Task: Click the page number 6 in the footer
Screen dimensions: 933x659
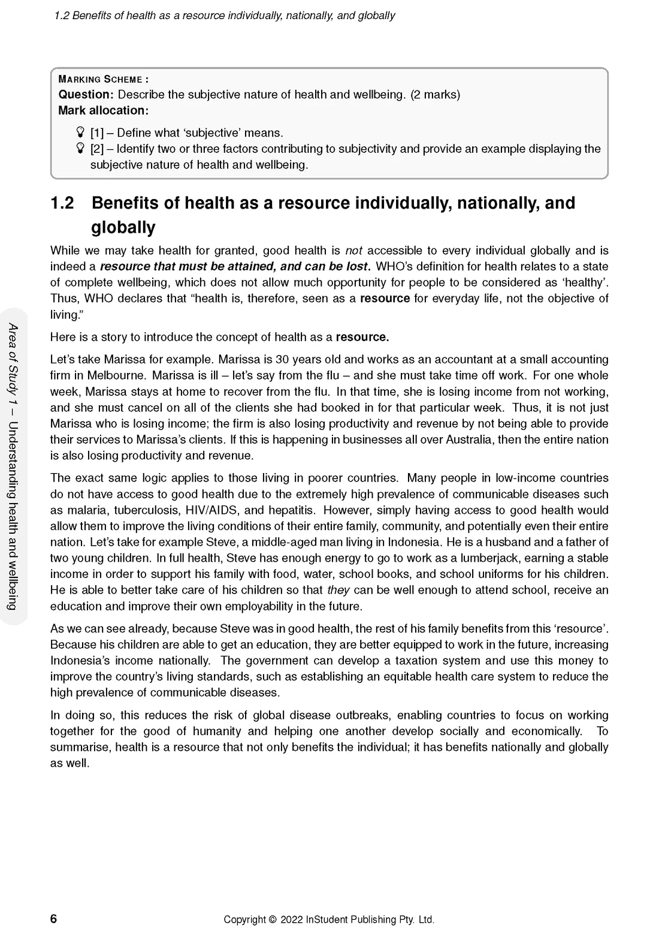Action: coord(54,919)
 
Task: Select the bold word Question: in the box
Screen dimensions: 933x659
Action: coord(86,95)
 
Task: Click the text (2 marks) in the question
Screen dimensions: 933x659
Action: coord(435,95)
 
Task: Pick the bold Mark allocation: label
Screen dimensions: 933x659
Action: coord(103,110)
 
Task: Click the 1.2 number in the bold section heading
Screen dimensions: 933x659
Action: coord(62,203)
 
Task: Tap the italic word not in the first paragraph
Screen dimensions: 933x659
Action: coord(354,251)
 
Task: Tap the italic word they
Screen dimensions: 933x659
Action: coord(338,590)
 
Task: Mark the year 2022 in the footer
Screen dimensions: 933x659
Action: coord(291,920)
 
